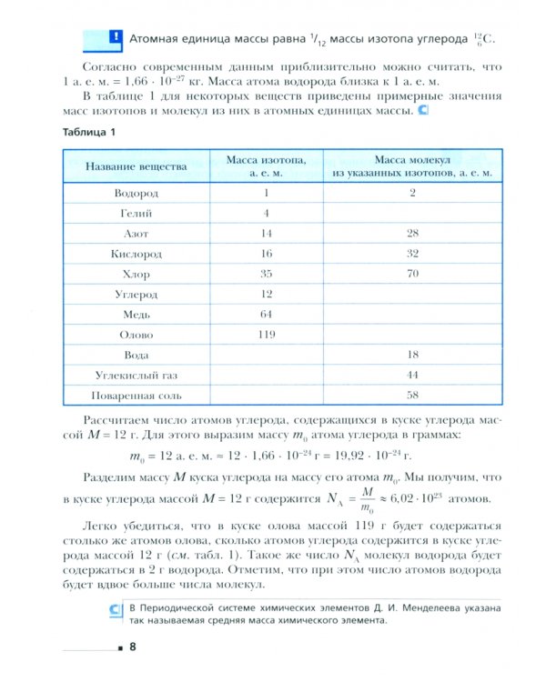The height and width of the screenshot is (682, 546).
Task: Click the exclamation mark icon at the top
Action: (115, 38)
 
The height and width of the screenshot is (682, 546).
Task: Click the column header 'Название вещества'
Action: (136, 166)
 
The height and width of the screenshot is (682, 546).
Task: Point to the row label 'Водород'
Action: (136, 193)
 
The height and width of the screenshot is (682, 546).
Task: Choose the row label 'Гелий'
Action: (136, 213)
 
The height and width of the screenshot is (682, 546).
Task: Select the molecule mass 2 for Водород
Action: (412, 193)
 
